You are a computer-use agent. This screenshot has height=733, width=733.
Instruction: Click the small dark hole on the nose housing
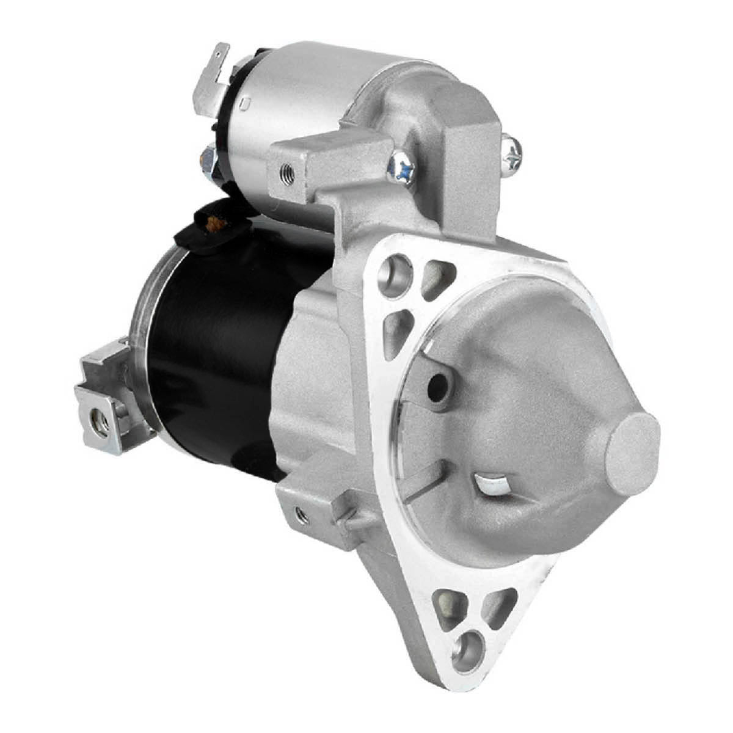[x=437, y=385]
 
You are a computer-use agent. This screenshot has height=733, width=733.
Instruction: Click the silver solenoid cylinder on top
[x=293, y=110]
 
